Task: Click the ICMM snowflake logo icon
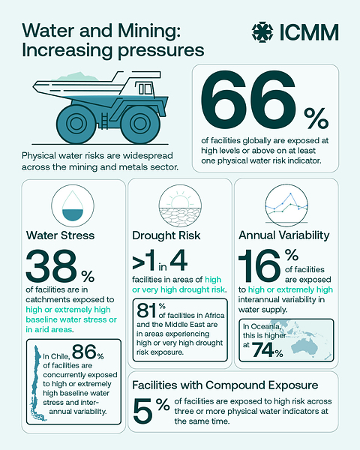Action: point(262,31)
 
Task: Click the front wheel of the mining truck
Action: point(140,124)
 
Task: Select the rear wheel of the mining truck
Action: point(76,124)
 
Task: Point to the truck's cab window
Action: point(145,88)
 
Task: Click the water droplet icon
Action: point(73,205)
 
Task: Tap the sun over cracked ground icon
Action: point(180,206)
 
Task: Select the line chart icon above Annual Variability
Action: point(286,205)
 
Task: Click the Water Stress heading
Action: point(60,235)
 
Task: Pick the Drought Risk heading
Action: point(166,235)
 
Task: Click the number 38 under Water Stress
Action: point(51,265)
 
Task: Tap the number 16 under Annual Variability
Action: point(259,265)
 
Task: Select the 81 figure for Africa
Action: point(147,310)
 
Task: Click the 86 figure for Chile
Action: point(84,352)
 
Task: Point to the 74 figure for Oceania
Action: point(263,349)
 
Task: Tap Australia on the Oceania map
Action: point(304,346)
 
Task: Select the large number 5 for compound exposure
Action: point(143,411)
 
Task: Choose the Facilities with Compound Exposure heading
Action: point(225,385)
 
